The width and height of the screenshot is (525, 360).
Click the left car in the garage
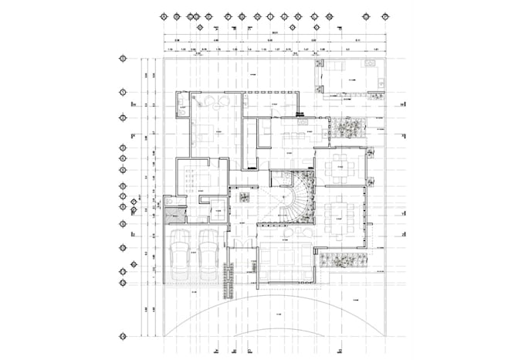click(x=180, y=256)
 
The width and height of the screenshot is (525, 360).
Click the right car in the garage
click(x=208, y=256)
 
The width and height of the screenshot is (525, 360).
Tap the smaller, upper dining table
click(x=340, y=166)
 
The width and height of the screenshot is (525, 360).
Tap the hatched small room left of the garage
click(x=174, y=205)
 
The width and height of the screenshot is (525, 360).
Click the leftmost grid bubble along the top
click(x=163, y=15)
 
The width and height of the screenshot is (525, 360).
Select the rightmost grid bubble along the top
click(x=385, y=15)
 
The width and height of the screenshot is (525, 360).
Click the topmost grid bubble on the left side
click(x=122, y=59)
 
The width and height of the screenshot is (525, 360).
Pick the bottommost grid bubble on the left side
click(x=122, y=335)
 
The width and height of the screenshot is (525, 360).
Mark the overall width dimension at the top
click(x=275, y=33)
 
